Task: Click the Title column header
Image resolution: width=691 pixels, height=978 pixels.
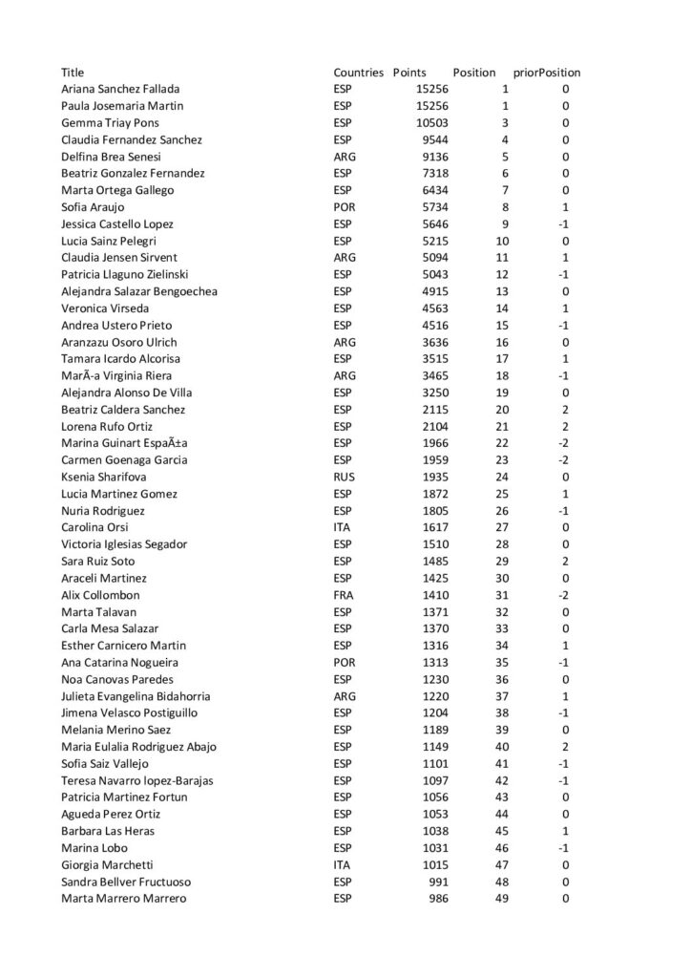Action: pos(73,73)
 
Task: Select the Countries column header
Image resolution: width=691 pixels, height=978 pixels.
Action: pos(358,73)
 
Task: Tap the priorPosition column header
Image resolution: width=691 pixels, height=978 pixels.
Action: pos(547,73)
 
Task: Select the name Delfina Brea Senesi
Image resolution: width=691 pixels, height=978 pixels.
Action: pos(111,157)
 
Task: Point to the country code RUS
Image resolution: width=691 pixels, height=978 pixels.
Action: pos(344,477)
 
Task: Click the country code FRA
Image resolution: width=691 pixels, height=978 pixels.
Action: pos(344,595)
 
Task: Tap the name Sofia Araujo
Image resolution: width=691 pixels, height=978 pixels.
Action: pos(93,207)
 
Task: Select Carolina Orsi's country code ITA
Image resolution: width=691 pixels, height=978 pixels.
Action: pos(342,527)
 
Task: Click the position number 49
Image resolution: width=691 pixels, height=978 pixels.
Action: pos(505,899)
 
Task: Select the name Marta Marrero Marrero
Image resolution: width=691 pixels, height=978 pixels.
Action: pos(123,899)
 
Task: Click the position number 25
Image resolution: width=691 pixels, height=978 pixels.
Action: pos(505,494)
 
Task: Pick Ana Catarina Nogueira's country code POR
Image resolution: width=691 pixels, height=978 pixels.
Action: pos(344,662)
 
